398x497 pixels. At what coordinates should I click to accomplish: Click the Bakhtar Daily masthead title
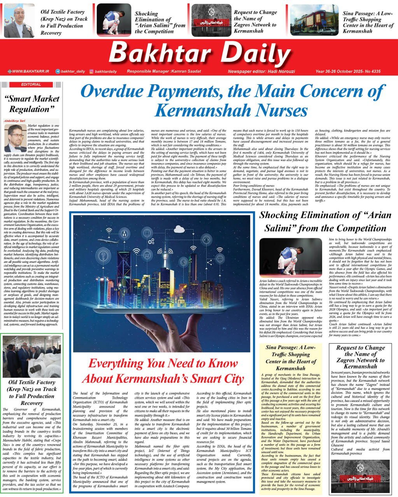[198, 53]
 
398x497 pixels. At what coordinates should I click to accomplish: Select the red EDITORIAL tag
[31, 84]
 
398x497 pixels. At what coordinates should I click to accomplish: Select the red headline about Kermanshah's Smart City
[163, 371]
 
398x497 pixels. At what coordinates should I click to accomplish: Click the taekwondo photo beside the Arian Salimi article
[290, 257]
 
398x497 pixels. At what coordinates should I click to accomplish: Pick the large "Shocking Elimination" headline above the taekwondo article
[323, 221]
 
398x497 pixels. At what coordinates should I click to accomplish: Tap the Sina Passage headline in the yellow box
[291, 358]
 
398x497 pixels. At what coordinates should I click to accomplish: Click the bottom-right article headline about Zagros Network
[360, 357]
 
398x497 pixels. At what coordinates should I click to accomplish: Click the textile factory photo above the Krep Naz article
[32, 356]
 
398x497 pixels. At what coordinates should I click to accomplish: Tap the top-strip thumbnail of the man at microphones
[19, 20]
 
